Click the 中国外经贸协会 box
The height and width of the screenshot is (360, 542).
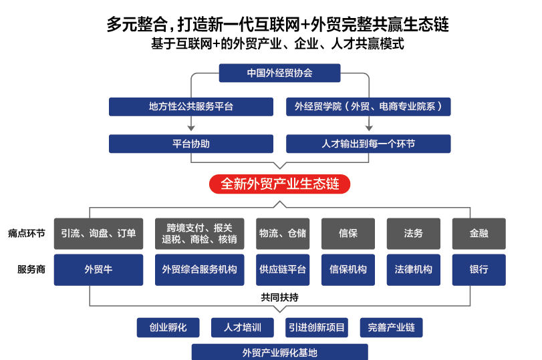[x=280, y=73]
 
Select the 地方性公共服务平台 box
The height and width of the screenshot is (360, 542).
[x=191, y=106]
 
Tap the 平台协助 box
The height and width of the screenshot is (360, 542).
[x=191, y=144]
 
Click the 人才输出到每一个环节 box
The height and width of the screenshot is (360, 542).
[x=368, y=144]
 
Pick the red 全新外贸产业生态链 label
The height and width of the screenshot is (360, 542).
[x=280, y=184]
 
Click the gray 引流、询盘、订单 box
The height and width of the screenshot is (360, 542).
[x=98, y=233]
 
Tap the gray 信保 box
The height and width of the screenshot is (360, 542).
[x=348, y=233]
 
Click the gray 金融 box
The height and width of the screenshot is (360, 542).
[x=479, y=233]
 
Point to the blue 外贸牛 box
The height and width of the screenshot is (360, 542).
[x=98, y=270]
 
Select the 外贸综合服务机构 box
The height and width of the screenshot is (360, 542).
[x=199, y=270]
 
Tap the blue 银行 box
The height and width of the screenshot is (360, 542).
[x=479, y=270]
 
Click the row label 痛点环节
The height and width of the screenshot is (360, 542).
[x=27, y=233]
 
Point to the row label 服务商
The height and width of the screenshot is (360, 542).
[x=31, y=270]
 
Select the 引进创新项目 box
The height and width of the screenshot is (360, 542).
[x=317, y=327]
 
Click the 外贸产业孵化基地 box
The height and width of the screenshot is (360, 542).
[x=280, y=352]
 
